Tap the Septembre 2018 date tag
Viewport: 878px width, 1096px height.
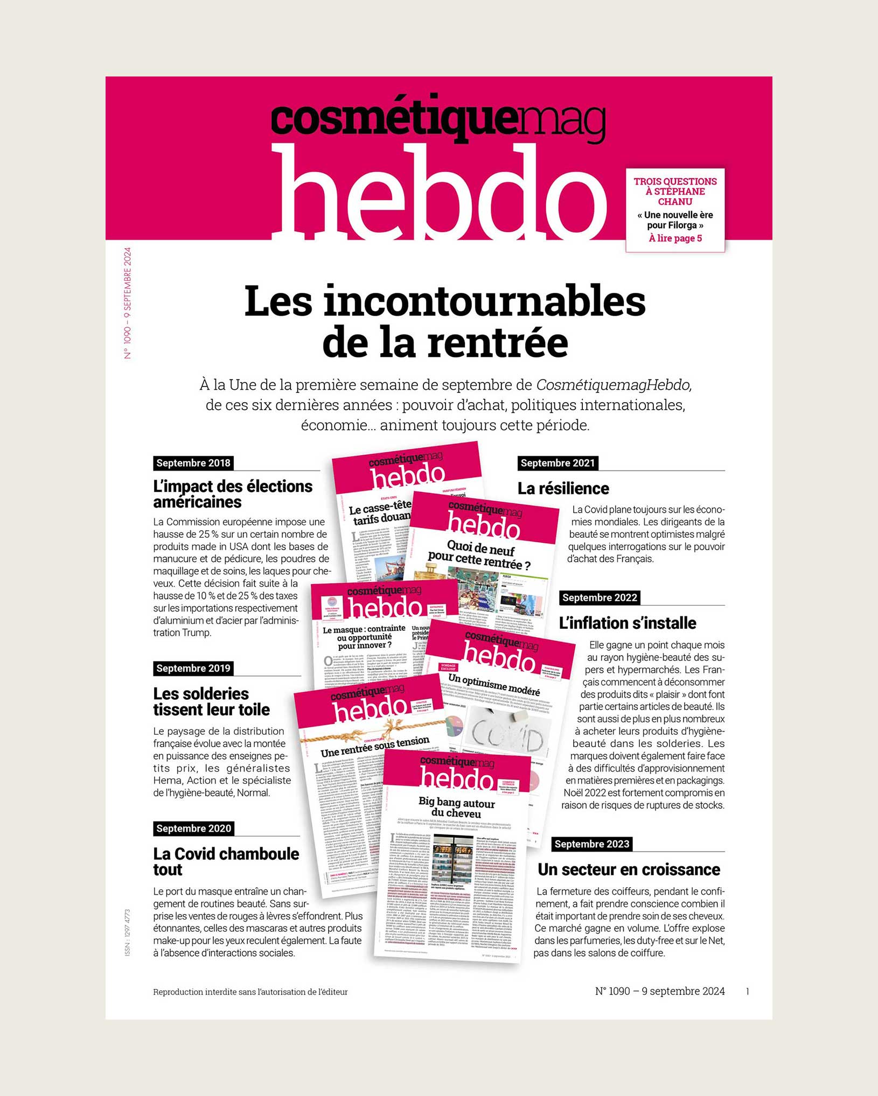tap(193, 463)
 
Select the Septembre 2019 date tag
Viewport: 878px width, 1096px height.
tap(193, 668)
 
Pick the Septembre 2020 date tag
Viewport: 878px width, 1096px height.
tap(193, 828)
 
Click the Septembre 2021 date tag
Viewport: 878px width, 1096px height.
tap(558, 463)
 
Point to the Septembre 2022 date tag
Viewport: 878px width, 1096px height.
tap(599, 598)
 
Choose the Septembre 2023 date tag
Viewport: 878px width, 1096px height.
tap(591, 844)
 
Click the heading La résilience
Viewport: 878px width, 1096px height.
tap(563, 488)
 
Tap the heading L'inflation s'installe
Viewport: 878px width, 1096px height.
tap(627, 623)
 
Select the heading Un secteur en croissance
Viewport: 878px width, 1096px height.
tap(629, 869)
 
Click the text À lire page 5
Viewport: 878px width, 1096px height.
tap(675, 238)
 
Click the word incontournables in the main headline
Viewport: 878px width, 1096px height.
tap(484, 301)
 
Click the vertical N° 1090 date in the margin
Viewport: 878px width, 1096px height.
tap(128, 303)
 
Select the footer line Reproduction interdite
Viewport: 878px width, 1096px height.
tap(250, 992)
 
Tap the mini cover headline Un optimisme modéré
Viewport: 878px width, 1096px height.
tap(494, 684)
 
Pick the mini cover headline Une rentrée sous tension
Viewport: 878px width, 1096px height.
tap(375, 746)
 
